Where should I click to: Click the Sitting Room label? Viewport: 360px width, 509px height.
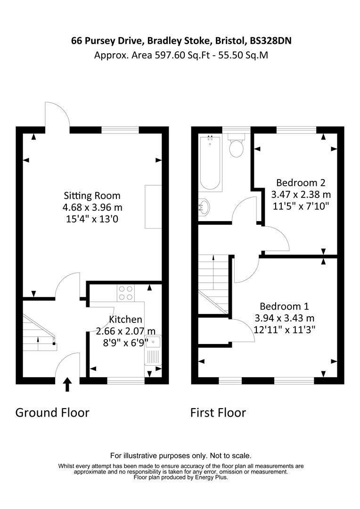[92, 196]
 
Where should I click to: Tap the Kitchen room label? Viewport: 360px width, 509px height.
[125, 320]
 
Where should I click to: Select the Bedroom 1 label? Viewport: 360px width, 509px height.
[278, 305]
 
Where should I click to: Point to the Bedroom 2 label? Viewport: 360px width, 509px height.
[301, 182]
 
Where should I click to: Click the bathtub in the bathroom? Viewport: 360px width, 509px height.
[211, 164]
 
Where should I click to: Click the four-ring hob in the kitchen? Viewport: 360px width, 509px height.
[126, 294]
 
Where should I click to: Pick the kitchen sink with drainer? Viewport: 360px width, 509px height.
[153, 350]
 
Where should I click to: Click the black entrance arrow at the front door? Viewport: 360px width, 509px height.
[68, 385]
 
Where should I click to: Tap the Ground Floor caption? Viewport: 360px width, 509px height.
[52, 413]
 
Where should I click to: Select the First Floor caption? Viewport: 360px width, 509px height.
[218, 413]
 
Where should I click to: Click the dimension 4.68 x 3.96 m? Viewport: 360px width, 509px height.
[92, 207]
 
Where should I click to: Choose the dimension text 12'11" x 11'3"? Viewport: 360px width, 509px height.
[284, 329]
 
